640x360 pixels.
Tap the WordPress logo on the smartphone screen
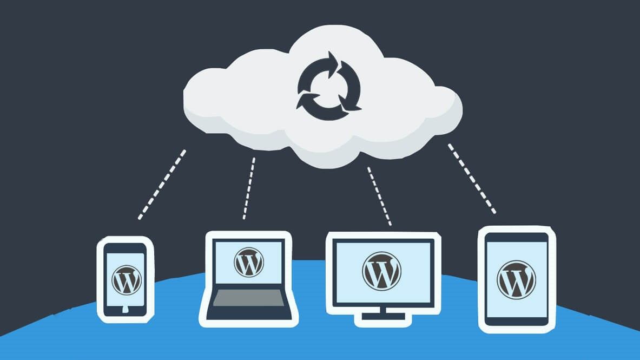(126, 279)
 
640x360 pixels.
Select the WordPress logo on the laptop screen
(248, 262)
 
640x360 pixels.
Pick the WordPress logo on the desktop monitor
(382, 270)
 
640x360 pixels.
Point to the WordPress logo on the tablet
(516, 279)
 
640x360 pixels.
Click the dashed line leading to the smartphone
(162, 184)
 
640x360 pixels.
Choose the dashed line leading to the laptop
(249, 188)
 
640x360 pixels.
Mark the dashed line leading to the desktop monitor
(379, 195)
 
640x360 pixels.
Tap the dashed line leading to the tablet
(471, 178)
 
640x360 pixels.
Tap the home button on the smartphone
(126, 310)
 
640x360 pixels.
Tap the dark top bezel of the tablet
(517, 237)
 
